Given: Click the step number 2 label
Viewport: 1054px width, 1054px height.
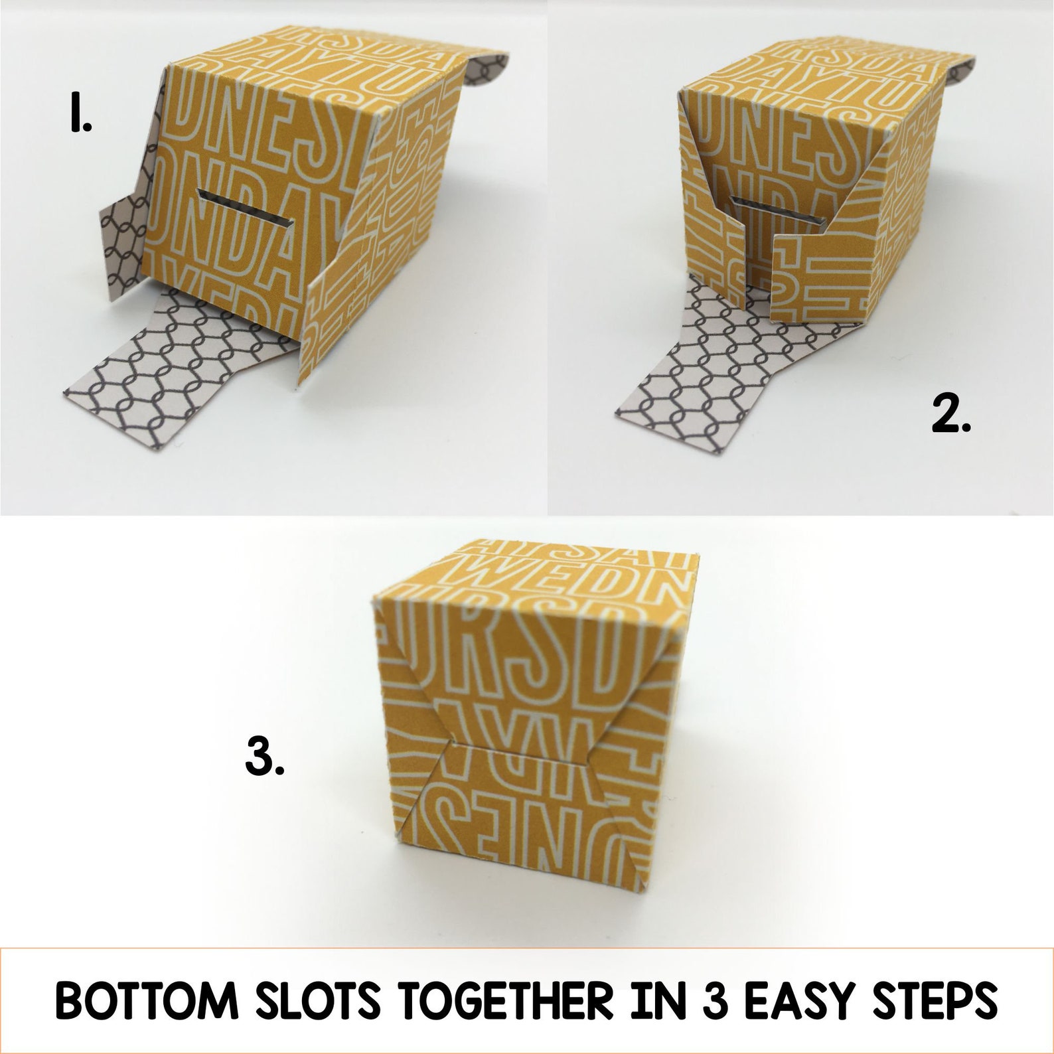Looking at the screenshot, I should coord(950,416).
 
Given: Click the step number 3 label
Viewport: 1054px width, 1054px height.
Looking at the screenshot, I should coord(265,757).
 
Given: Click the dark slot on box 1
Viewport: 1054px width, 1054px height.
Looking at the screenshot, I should coord(245,206).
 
